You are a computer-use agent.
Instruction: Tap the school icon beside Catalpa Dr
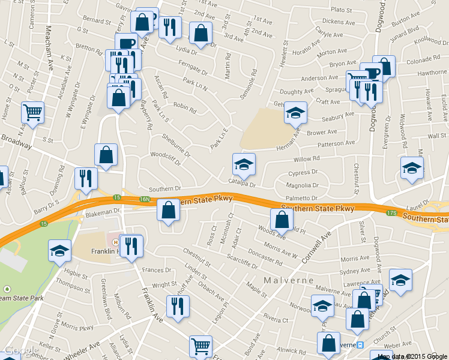click(x=244, y=164)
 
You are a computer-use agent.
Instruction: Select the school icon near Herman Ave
click(x=295, y=112)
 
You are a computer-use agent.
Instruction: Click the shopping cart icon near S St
click(x=32, y=112)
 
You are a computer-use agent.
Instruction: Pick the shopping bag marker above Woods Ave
click(x=282, y=220)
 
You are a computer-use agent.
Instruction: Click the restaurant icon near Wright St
click(x=177, y=305)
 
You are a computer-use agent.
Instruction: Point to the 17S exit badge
click(x=393, y=212)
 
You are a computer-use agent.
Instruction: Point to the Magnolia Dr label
click(x=302, y=186)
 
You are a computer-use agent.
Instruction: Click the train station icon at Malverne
click(x=360, y=346)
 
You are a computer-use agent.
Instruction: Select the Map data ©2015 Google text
click(x=412, y=356)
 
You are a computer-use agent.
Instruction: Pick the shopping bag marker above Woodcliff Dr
click(x=106, y=155)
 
